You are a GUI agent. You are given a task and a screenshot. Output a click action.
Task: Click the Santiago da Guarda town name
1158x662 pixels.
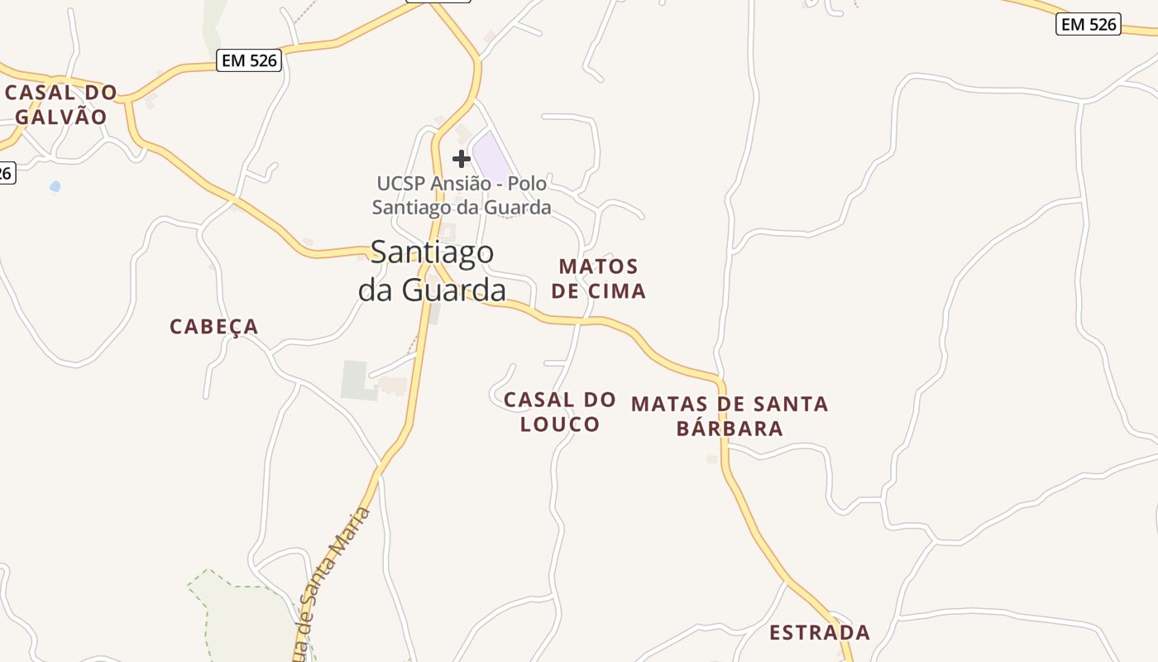[432, 271]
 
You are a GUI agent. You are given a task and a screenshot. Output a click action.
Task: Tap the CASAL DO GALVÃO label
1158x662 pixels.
[62, 104]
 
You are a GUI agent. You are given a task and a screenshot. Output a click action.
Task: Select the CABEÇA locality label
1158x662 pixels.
[214, 327]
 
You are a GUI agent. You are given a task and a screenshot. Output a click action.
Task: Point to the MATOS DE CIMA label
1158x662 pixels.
[598, 279]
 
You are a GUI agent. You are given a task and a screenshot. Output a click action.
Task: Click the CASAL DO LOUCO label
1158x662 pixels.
[560, 412]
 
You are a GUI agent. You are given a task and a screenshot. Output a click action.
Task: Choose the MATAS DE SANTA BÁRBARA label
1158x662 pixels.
[730, 415]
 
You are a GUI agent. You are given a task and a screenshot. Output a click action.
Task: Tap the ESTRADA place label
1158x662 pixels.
[820, 633]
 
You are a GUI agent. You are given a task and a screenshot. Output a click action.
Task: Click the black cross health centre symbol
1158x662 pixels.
[462, 158]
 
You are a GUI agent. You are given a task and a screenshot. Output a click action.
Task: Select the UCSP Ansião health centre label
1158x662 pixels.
[462, 195]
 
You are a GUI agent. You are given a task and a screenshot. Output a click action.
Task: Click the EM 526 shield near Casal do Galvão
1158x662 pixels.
[249, 60]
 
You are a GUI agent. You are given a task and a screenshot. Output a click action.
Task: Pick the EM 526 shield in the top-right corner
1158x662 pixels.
[1089, 25]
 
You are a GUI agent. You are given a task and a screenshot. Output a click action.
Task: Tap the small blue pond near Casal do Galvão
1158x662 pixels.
[55, 187]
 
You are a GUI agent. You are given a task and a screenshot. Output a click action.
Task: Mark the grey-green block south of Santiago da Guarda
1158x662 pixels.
[356, 379]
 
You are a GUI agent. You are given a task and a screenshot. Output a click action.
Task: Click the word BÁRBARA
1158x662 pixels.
[730, 429]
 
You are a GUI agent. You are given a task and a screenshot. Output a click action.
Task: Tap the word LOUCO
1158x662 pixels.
[560, 425]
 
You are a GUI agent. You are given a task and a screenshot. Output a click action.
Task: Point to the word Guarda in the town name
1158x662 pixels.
[454, 290]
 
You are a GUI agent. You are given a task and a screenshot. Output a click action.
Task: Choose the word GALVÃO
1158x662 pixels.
[62, 117]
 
